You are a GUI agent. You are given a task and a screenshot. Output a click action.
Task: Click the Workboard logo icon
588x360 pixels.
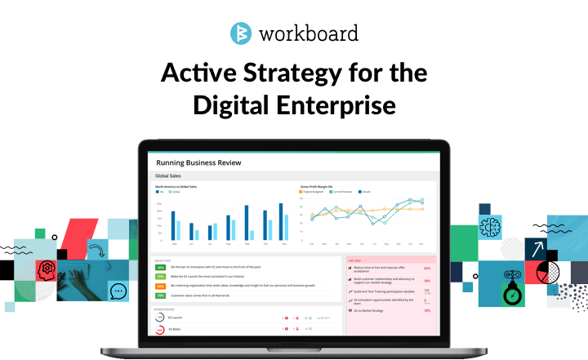coord(241,34)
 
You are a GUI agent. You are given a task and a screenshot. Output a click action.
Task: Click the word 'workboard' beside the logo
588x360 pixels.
coord(309,35)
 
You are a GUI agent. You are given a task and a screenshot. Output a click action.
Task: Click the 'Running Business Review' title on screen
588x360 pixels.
coord(198,162)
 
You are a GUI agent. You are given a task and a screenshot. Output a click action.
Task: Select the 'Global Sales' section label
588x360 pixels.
coord(168,176)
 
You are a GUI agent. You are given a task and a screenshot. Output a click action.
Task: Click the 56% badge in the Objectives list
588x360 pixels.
coord(161,267)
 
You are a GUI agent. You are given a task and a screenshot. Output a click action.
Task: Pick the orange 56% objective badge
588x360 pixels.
coord(161,286)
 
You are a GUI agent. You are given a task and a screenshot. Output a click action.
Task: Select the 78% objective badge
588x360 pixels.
coord(161,295)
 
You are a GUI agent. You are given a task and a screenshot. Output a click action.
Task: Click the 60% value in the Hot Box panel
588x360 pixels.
coord(427,267)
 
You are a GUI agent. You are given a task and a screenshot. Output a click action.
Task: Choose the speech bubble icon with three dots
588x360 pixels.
coord(118,290)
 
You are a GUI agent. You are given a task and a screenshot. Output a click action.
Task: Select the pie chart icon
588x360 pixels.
coord(548,271)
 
